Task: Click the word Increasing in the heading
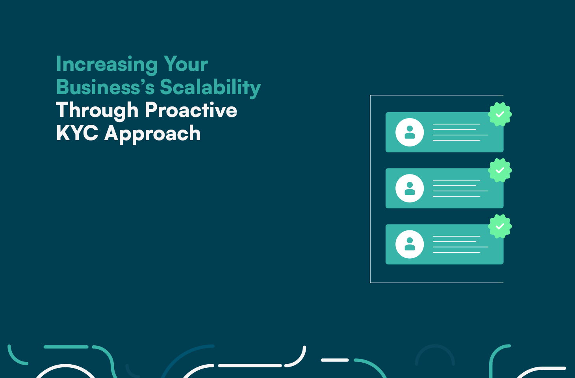click(x=107, y=64)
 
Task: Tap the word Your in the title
click(x=185, y=64)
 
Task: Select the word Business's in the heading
click(x=105, y=87)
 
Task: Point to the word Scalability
click(x=210, y=87)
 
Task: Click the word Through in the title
click(x=97, y=110)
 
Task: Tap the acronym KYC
click(x=77, y=133)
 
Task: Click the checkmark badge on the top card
click(x=500, y=115)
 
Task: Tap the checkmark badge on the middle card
click(x=500, y=170)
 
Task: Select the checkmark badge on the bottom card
click(x=500, y=226)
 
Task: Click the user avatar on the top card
click(x=410, y=132)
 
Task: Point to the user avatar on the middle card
click(x=410, y=188)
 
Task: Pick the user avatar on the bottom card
click(x=410, y=244)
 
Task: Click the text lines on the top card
click(x=459, y=132)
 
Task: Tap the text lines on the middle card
click(x=459, y=188)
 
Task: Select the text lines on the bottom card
click(x=459, y=244)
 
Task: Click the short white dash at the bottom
click(x=335, y=360)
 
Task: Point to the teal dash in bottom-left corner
click(x=66, y=347)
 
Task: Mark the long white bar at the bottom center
click(x=250, y=365)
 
